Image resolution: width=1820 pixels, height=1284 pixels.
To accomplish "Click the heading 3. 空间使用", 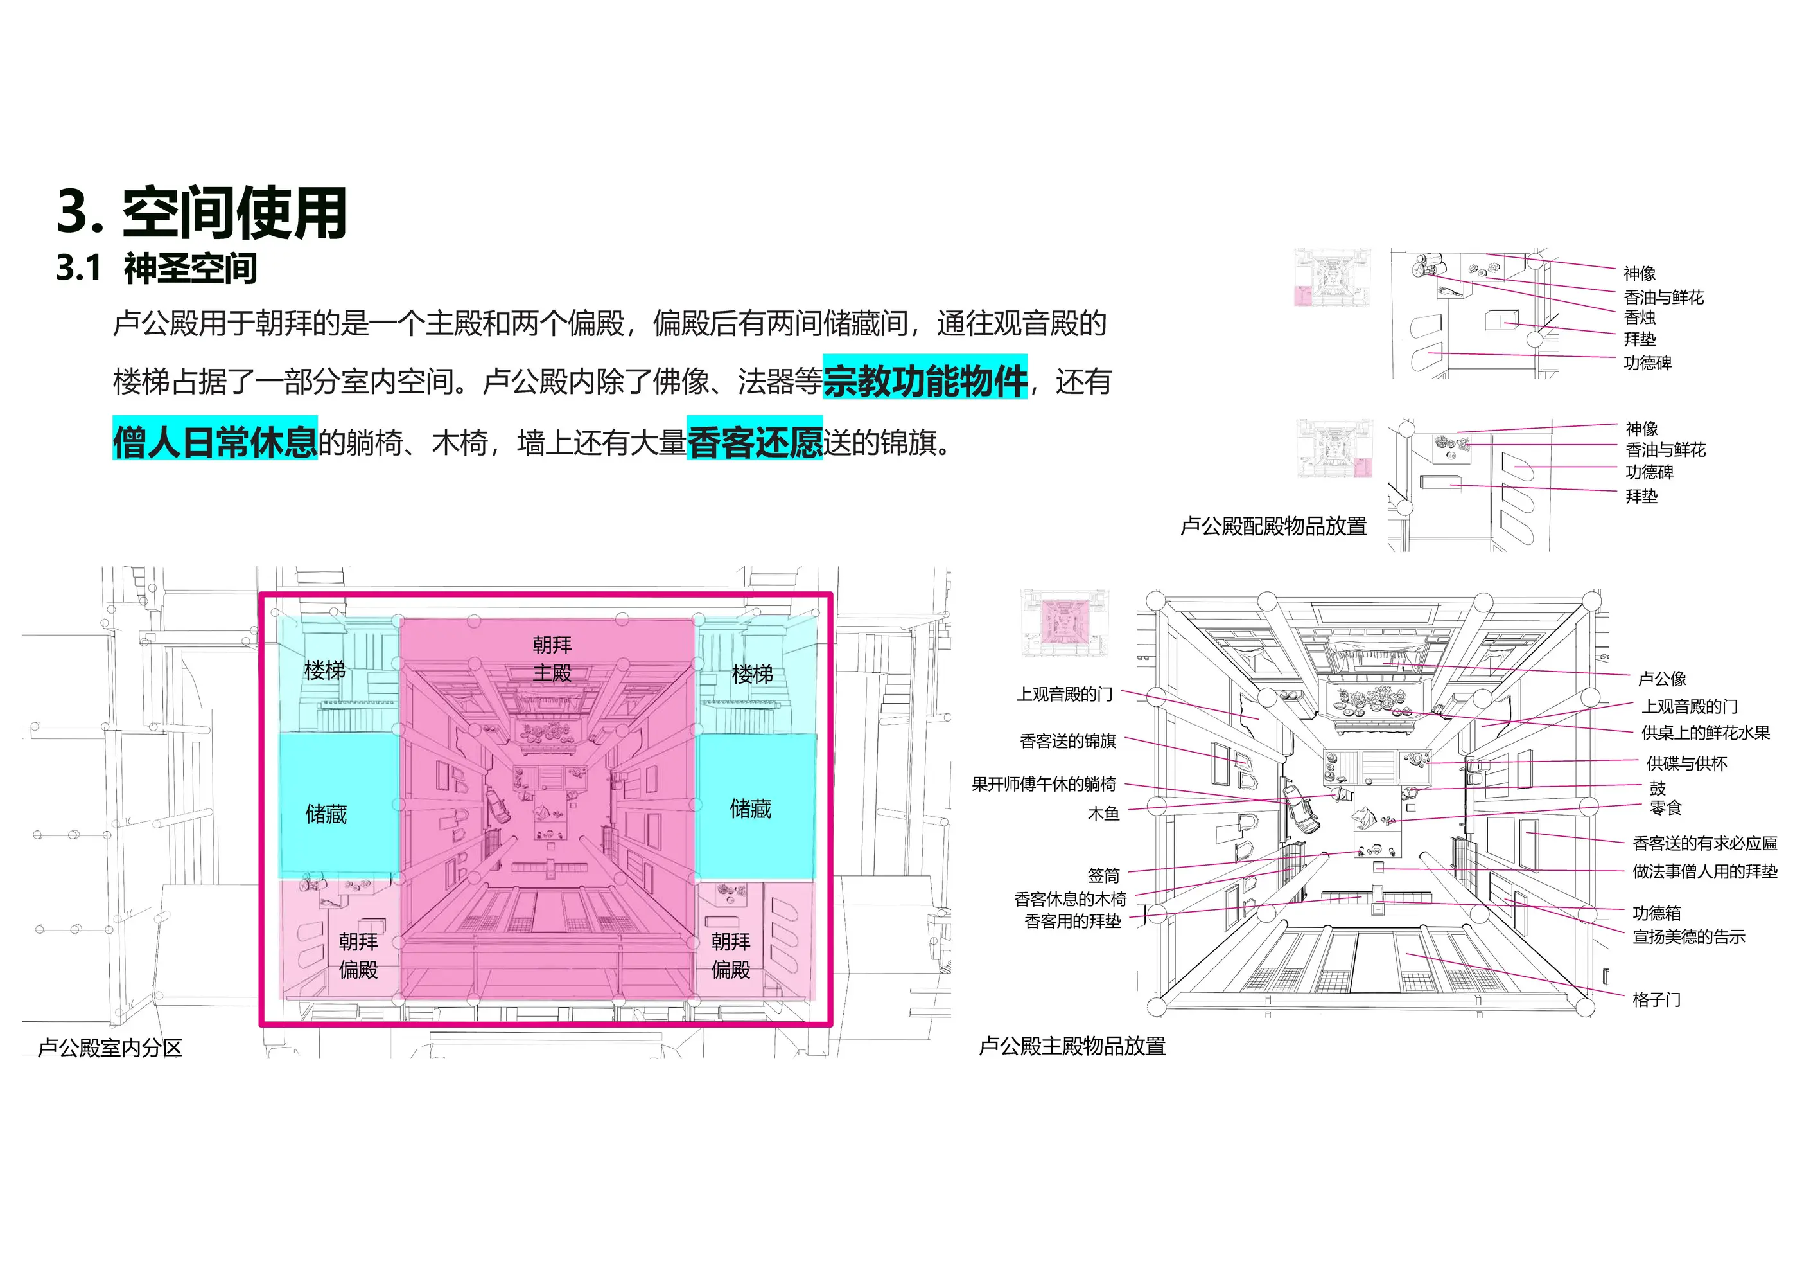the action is coord(202,213).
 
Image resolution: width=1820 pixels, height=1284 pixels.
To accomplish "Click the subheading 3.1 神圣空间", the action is coord(157,269).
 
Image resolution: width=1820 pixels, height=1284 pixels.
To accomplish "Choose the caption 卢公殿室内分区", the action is coord(110,1048).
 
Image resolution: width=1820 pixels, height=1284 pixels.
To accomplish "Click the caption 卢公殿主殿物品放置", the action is coord(1072,1046).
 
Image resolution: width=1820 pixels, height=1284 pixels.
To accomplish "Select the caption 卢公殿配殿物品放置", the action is coord(1274,526).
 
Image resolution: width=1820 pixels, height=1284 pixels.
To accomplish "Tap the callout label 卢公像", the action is coord(1662,679).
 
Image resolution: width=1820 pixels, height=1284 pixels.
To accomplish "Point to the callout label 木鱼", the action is coord(1103,814).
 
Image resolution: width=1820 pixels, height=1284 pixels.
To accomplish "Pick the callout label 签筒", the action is coord(1103,875).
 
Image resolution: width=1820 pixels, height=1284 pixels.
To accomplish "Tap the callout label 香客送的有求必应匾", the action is coord(1705,843).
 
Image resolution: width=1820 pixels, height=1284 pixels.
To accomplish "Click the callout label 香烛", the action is coord(1640,317).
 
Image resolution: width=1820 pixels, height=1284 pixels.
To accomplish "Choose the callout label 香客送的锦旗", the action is coord(1069,741).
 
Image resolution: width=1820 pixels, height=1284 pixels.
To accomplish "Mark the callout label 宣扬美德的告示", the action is coord(1689,936).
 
